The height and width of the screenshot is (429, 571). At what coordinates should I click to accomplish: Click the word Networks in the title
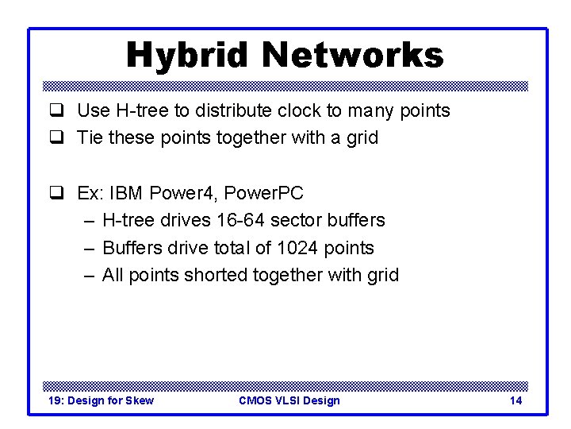(x=353, y=55)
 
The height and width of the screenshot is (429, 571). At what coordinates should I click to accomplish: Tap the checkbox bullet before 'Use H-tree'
(x=56, y=111)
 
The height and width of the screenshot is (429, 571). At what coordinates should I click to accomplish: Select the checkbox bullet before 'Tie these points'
(x=56, y=138)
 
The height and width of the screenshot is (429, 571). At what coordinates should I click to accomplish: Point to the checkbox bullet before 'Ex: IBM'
(x=56, y=193)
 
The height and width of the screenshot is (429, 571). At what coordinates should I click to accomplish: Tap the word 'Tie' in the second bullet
(x=90, y=138)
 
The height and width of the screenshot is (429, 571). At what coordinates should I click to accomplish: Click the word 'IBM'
(x=127, y=193)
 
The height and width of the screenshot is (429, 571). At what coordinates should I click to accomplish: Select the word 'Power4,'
(x=182, y=193)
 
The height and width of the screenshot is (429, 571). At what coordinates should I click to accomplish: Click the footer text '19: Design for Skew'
(x=101, y=400)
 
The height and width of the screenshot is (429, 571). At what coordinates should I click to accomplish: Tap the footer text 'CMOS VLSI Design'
(x=289, y=400)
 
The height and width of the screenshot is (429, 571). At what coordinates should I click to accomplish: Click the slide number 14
(x=515, y=400)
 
